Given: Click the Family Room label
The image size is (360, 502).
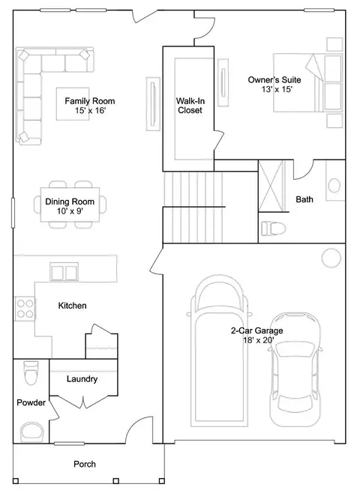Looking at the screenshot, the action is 90,101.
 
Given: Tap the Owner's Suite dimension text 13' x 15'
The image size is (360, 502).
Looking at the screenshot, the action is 277,89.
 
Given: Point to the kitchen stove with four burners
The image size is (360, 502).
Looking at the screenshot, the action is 25,309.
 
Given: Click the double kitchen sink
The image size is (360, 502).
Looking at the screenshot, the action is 64,272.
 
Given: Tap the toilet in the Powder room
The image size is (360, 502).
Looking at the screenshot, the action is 31,372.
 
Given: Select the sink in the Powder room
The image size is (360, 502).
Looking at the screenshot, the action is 32,432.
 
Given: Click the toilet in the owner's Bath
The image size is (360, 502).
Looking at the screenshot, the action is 273,229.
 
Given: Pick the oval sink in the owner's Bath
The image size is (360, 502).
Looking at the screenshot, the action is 334,185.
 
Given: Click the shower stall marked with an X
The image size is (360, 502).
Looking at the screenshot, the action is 271,186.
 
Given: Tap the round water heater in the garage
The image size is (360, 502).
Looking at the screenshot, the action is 331,258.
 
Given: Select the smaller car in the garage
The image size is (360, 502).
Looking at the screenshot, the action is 295,369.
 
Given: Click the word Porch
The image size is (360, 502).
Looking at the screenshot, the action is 85,464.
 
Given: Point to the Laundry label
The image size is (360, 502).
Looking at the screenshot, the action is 82,379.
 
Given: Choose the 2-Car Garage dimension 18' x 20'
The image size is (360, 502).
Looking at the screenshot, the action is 259,340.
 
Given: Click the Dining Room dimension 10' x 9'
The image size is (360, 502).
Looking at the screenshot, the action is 70,211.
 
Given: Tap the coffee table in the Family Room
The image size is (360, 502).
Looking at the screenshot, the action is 73,103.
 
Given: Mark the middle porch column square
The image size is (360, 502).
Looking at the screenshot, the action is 116,481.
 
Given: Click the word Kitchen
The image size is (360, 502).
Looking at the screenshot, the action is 73,306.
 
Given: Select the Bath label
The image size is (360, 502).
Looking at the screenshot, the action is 304,199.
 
